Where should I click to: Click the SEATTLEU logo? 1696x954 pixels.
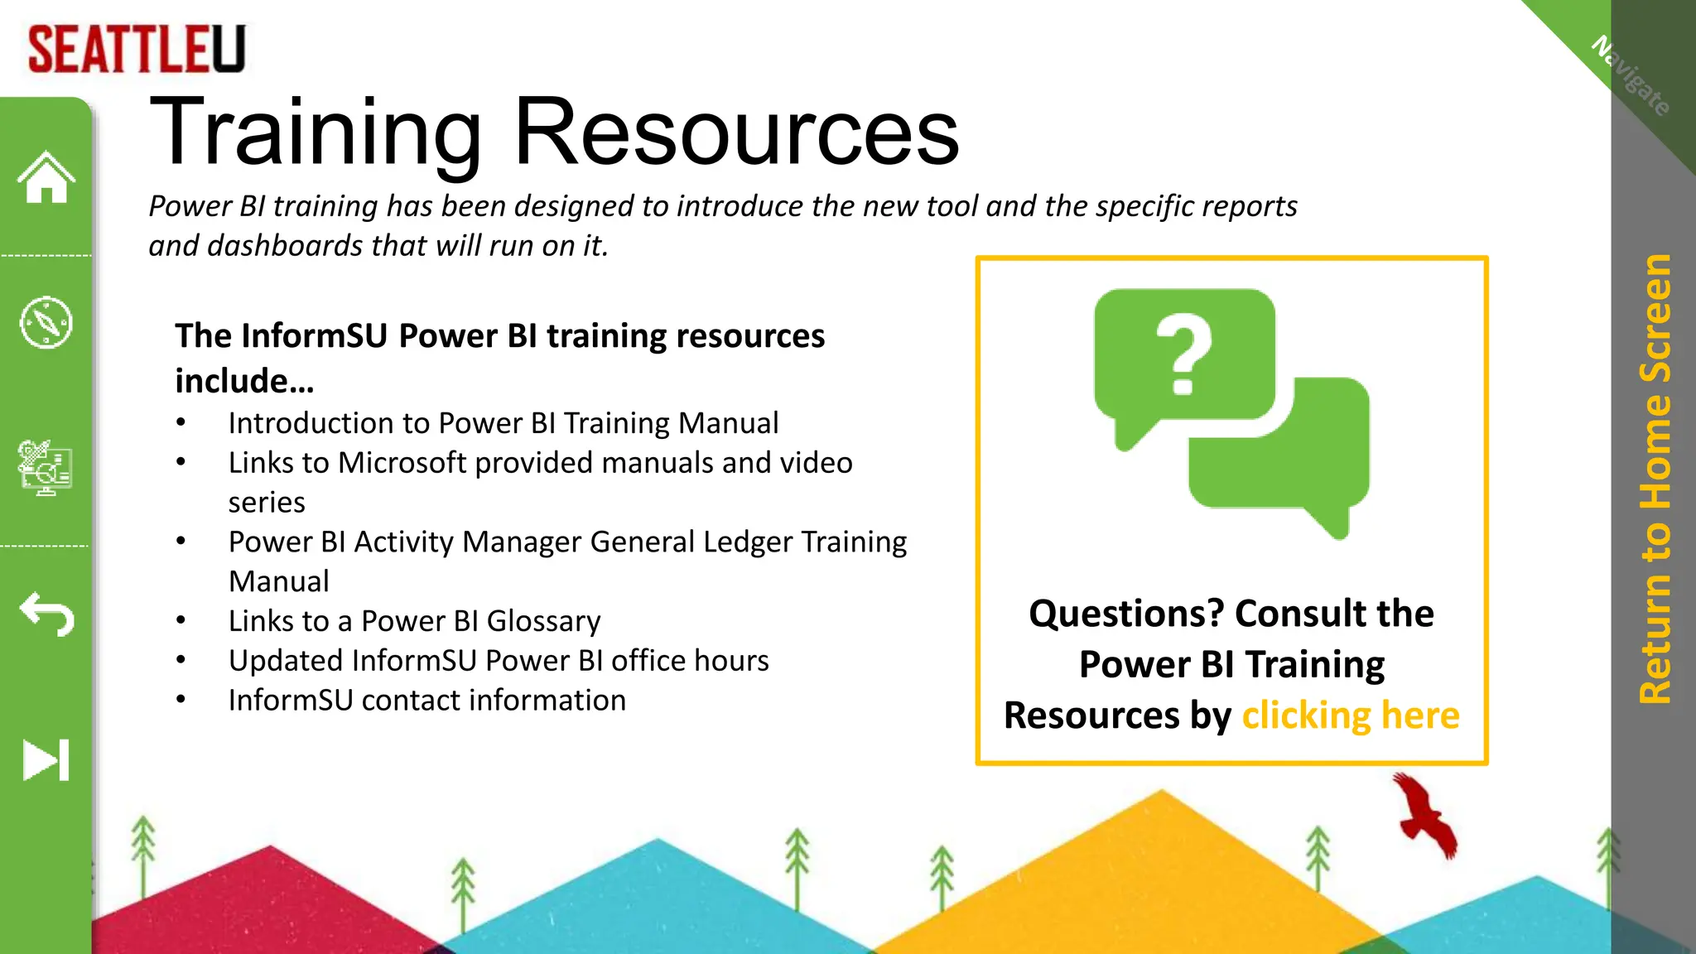[x=137, y=50]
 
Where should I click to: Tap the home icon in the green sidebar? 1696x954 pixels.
[x=46, y=177]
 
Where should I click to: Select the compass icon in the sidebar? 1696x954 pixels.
[x=46, y=322]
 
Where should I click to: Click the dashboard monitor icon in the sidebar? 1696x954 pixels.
[x=46, y=467]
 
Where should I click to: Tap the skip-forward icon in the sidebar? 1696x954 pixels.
[x=46, y=759]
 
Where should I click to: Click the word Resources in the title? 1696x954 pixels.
[x=736, y=132]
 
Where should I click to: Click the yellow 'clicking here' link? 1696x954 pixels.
[x=1350, y=715]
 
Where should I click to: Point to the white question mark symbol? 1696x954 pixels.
[x=1184, y=354]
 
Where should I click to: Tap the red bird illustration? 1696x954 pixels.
[x=1424, y=816]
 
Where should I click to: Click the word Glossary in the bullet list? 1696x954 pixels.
[x=543, y=621]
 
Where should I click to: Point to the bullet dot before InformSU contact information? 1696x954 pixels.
[x=181, y=701]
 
